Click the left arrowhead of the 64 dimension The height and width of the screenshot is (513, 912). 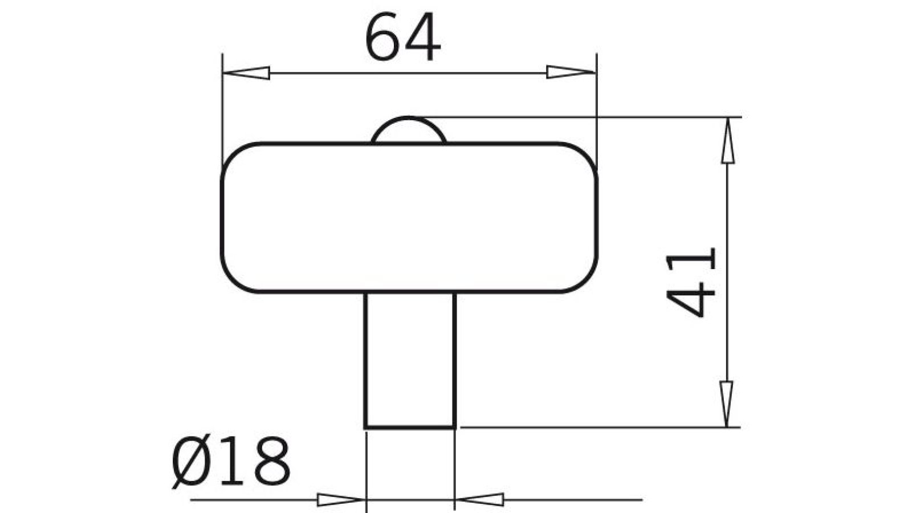tap(247, 73)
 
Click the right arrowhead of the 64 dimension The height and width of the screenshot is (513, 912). tap(570, 72)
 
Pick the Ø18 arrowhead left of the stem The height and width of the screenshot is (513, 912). tap(340, 500)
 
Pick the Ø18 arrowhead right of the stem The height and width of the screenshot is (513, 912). tap(480, 500)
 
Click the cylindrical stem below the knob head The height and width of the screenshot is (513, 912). tap(410, 359)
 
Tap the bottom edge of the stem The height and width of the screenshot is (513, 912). tap(410, 427)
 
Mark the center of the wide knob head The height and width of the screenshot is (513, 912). tap(409, 218)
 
